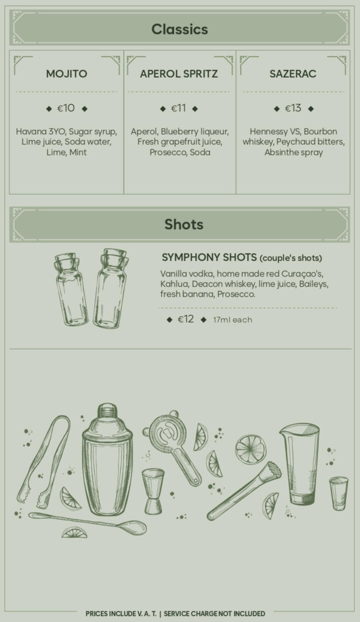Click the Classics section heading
[x=179, y=29]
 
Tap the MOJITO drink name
[x=67, y=74]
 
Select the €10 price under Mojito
[x=66, y=108]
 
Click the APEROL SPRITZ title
[x=179, y=74]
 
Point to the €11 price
[x=178, y=108]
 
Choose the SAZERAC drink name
[x=293, y=74]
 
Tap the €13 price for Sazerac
[x=293, y=108]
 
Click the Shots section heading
[x=184, y=225]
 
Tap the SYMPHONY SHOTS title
[x=209, y=258]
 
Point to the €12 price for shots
[x=186, y=319]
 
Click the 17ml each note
[x=233, y=320]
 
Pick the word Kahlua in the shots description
[x=174, y=284]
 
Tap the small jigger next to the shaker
[x=153, y=491]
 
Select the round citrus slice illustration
[x=251, y=449]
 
